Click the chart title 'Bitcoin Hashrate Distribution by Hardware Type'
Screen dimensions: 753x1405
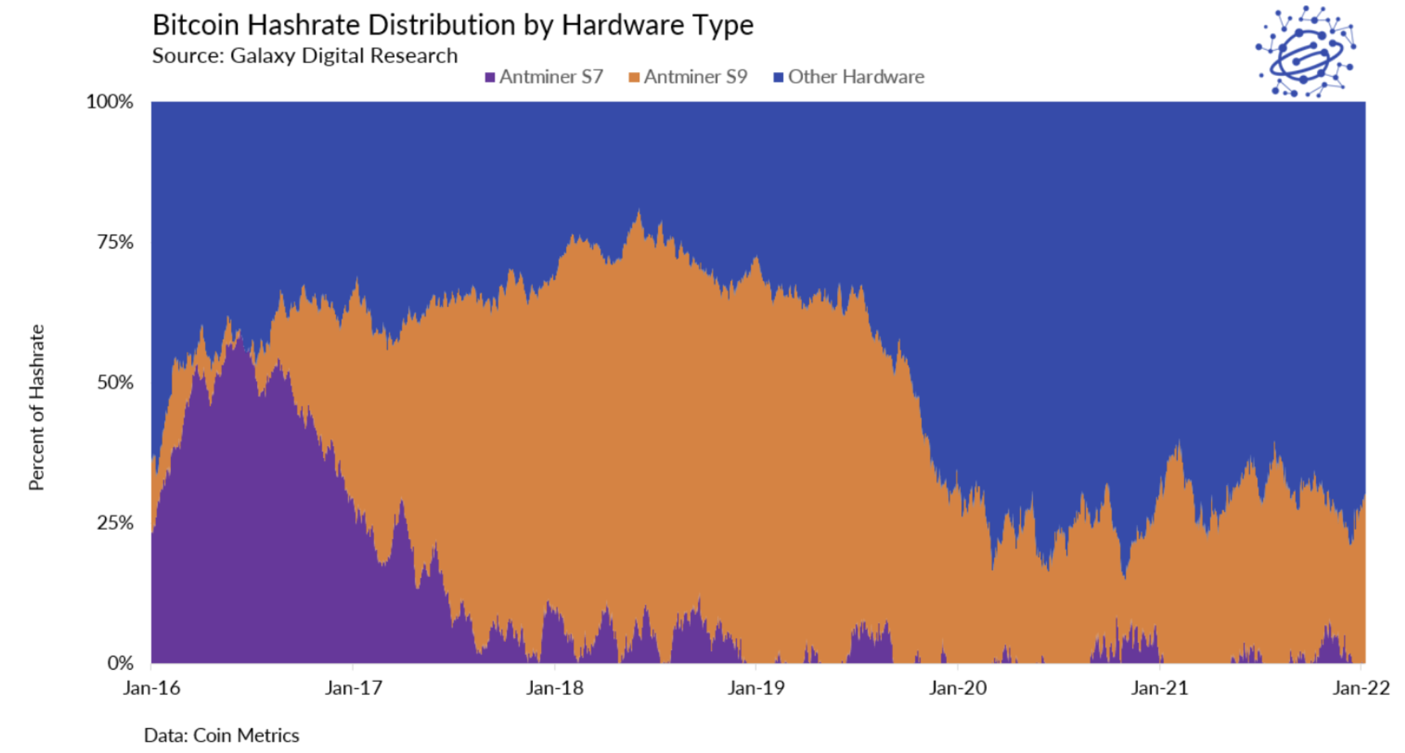[452, 26]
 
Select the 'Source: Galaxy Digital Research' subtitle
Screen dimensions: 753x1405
[304, 56]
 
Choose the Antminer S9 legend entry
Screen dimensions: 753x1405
[688, 77]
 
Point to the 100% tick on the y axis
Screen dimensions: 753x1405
[110, 102]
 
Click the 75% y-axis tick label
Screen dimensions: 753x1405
[115, 242]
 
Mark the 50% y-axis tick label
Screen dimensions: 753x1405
[115, 383]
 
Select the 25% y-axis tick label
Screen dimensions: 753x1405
[115, 523]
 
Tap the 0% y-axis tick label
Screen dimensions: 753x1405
[120, 664]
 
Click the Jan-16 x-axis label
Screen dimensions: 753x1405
[151, 688]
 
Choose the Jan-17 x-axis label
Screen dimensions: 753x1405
[353, 688]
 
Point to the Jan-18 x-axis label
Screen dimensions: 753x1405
[554, 688]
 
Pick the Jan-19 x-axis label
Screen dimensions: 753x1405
[756, 688]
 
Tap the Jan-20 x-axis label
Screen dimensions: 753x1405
[958, 688]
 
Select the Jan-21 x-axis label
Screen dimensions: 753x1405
[1159, 688]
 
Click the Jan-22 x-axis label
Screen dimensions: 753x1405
[1361, 688]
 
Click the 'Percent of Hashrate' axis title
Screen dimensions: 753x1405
[37, 407]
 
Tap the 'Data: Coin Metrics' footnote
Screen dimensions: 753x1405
[221, 736]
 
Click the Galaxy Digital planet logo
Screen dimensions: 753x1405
[1305, 52]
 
